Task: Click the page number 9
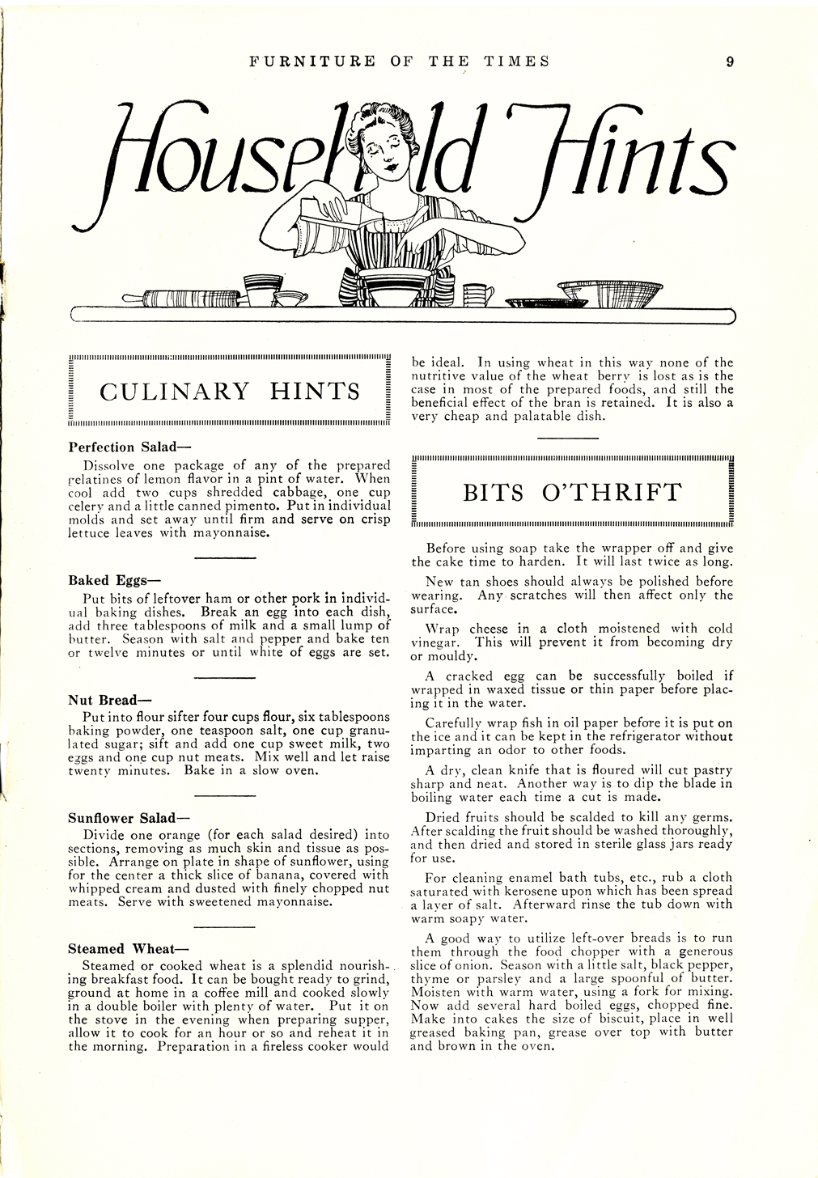pyautogui.click(x=730, y=61)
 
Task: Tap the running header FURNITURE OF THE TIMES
pyautogui.click(x=399, y=61)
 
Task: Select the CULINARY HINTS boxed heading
pyautogui.click(x=230, y=392)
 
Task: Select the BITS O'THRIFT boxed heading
pyautogui.click(x=572, y=493)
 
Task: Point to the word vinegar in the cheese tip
pyautogui.click(x=436, y=642)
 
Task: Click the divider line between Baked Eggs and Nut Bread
pyautogui.click(x=225, y=677)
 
